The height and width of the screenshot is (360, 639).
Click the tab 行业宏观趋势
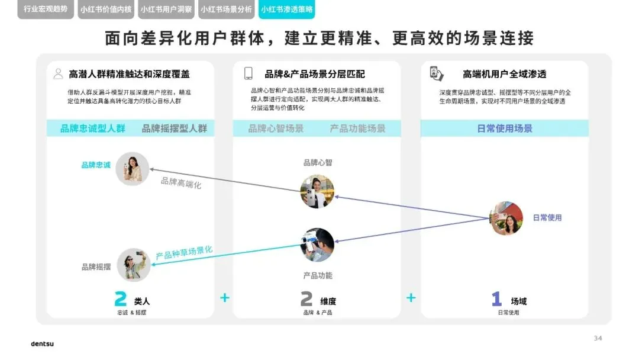[x=46, y=9]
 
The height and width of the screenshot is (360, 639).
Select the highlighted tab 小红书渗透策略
[x=287, y=9]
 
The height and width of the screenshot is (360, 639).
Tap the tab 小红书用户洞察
[x=166, y=9]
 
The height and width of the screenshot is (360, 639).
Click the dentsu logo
[x=42, y=343]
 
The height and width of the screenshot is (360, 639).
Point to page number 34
[x=598, y=338]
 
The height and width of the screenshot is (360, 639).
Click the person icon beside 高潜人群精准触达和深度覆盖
[x=58, y=74]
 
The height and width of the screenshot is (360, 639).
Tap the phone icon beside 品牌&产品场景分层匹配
[x=248, y=74]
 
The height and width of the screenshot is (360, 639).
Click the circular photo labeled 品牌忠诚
[x=132, y=169]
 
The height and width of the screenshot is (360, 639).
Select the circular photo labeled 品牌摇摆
[x=133, y=265]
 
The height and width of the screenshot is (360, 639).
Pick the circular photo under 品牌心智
[x=317, y=191]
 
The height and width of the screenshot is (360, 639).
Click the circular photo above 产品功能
[x=317, y=245]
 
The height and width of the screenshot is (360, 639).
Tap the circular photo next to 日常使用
[x=506, y=218]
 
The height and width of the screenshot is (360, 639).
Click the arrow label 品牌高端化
[x=181, y=183]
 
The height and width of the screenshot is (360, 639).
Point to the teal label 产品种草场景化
[x=184, y=253]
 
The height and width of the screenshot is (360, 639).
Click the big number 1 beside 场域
[x=496, y=300]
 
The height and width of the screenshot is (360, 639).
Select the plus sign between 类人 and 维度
[x=225, y=297]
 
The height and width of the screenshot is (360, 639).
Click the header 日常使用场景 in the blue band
[x=505, y=128]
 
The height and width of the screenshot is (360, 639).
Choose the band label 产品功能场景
[x=357, y=128]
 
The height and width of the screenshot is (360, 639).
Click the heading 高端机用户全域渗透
[x=504, y=74]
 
